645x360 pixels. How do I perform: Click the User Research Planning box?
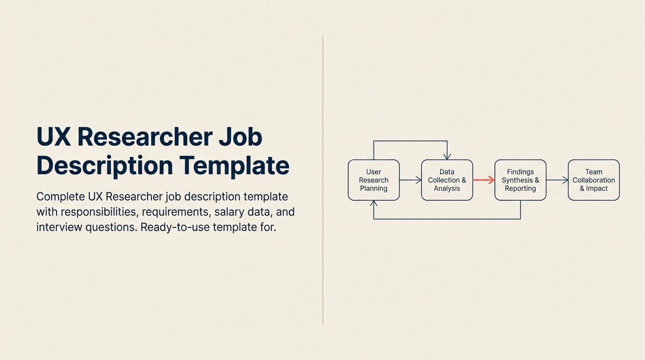[x=374, y=180]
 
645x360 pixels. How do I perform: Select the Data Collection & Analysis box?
[x=447, y=180]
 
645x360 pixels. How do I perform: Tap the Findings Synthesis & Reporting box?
[x=520, y=180]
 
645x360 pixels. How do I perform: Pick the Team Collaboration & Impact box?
[x=593, y=180]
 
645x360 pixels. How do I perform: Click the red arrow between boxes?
[x=483, y=180]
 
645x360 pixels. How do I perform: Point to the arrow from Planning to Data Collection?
[x=410, y=180]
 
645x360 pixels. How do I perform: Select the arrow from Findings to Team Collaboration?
[x=557, y=180]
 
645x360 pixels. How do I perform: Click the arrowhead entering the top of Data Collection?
[x=447, y=157]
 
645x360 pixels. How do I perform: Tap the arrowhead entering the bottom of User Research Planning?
[x=374, y=204]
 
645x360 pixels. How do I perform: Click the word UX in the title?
[x=53, y=137]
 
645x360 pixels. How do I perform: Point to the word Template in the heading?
[x=234, y=165]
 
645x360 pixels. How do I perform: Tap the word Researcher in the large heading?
[x=144, y=137]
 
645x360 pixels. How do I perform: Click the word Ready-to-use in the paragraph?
[x=175, y=227]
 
